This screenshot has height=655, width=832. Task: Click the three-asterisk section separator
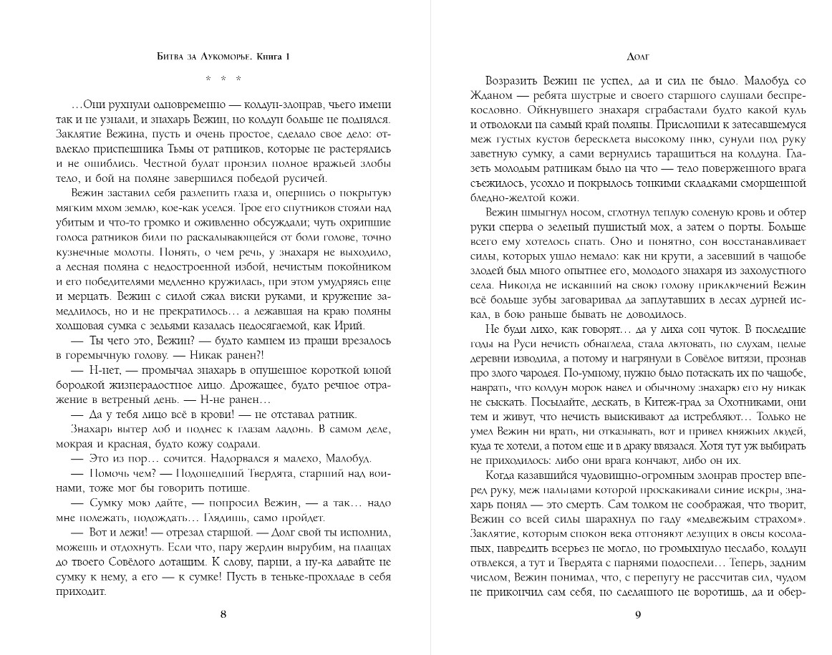[x=223, y=78]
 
